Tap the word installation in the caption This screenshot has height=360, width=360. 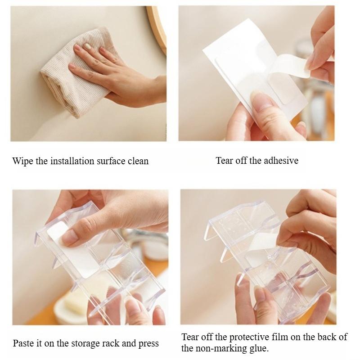click(72, 161)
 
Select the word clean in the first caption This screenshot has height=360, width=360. click(138, 161)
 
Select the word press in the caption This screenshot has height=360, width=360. click(148, 344)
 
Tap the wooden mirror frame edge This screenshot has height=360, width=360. click(158, 27)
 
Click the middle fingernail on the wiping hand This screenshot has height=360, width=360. click(88, 46)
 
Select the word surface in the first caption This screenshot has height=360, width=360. click(111, 161)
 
